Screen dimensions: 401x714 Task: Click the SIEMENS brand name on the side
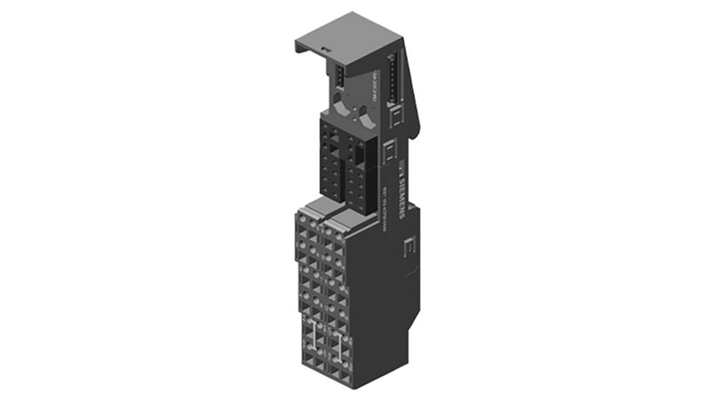402,194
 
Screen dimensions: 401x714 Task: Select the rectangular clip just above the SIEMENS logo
390,151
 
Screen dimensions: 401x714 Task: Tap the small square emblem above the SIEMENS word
401,166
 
